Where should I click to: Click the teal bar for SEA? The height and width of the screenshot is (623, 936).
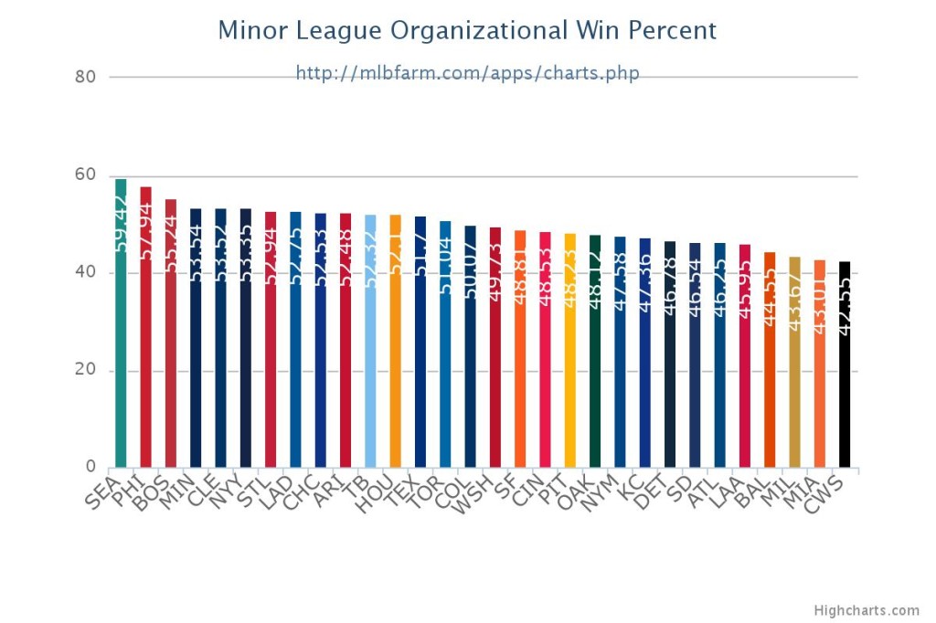point(121,365)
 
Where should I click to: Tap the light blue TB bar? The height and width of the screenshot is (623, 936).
point(370,384)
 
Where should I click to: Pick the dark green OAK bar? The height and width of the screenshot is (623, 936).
point(595,393)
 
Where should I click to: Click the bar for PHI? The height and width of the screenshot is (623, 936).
point(145,365)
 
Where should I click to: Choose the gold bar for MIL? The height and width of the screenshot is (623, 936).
point(794,402)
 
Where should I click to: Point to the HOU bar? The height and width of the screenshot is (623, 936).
point(395,384)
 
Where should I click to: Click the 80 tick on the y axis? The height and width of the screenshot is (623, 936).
point(85,77)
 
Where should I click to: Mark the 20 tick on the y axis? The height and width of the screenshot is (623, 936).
point(85,371)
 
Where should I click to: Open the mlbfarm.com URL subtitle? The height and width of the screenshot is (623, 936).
point(467,72)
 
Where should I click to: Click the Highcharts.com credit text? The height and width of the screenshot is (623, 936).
point(867,610)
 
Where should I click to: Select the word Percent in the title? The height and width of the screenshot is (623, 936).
point(675,31)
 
